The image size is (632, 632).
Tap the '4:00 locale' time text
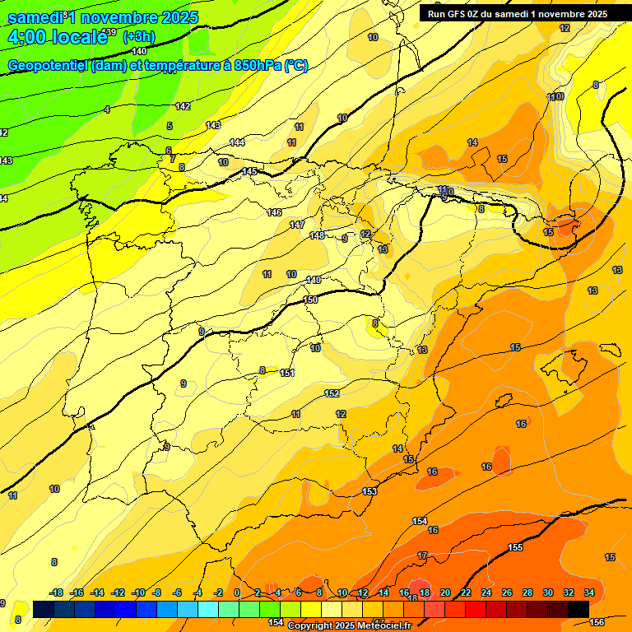coord(56,36)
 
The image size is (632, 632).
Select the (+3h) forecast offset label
coord(137,37)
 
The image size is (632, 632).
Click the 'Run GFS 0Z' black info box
coord(517,13)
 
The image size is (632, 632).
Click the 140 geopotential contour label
coord(139,51)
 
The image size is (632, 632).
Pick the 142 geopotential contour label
coord(183,106)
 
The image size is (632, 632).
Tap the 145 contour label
coord(250,171)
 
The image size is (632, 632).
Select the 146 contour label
coord(274,212)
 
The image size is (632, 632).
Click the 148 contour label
coord(317,236)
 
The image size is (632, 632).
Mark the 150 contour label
coord(310,300)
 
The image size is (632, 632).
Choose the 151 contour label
coord(287,373)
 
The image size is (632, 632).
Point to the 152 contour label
coord(332,393)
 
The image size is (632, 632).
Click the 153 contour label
coord(369,491)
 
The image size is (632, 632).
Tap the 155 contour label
coord(515,547)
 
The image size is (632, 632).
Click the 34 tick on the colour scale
coord(588,592)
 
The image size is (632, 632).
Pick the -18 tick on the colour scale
coord(56,592)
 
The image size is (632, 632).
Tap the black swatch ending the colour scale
coord(578,609)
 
